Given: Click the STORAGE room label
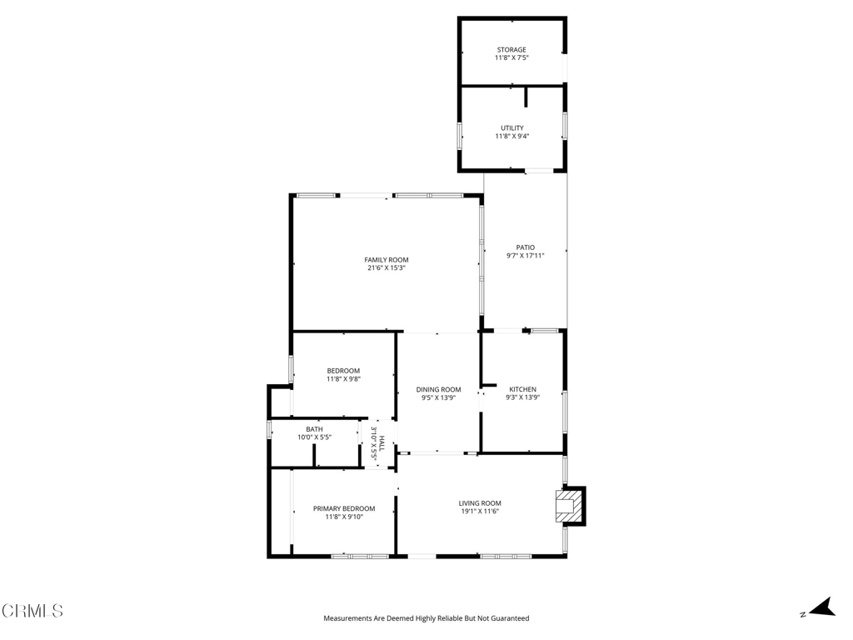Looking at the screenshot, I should tap(511, 50).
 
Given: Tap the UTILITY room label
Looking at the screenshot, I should tap(511, 128).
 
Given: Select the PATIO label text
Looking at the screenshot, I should tap(525, 247).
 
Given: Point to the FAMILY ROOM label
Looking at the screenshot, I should tap(387, 260).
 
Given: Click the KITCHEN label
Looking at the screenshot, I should tap(523, 389).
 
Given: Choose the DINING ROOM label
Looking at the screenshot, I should tap(438, 389).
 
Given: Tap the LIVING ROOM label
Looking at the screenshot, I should tap(480, 502).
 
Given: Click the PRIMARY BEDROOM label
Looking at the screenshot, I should tap(344, 508).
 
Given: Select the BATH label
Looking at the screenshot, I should tap(314, 429).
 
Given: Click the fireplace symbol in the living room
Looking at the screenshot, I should tap(570, 506).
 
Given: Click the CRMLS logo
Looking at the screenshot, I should tap(32, 611).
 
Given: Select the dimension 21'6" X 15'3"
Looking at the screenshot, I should tap(387, 268).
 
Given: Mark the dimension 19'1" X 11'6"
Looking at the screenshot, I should tap(480, 512).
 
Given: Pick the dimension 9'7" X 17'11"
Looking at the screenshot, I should tap(525, 256).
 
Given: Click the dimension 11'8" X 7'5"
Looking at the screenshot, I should tap(511, 58).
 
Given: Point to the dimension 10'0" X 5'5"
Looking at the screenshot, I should tap(314, 437).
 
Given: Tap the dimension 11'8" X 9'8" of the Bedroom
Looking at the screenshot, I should tap(343, 379).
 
